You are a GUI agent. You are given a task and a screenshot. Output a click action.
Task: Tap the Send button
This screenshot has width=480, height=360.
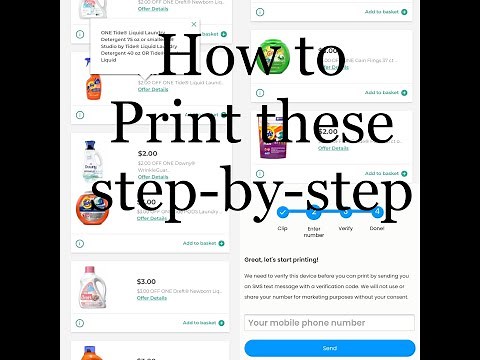(x=329, y=348)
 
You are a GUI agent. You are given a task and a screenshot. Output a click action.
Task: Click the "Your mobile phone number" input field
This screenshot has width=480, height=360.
(x=329, y=322)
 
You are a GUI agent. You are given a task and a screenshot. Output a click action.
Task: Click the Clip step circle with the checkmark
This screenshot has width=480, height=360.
(x=282, y=212)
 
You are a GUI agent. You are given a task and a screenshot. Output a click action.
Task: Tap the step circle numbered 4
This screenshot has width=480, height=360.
(x=377, y=212)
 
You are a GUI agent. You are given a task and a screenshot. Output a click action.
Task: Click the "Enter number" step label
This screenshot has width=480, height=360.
(x=313, y=232)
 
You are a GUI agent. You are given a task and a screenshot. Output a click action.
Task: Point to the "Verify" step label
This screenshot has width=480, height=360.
(x=345, y=228)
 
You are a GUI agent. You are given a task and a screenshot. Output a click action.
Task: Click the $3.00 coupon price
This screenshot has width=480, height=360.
(x=146, y=281)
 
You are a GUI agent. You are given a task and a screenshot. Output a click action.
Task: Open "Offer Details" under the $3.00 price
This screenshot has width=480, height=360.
(x=152, y=298)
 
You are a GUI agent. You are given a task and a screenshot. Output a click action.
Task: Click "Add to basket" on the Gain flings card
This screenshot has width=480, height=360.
(x=385, y=93)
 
